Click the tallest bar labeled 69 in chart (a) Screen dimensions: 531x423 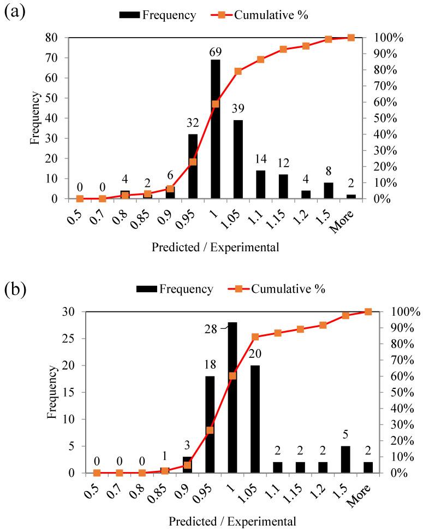click(x=216, y=129)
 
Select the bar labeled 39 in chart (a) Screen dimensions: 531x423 click(x=238, y=159)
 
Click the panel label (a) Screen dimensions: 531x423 click(x=13, y=11)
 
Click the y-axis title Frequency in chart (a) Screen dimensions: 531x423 click(x=34, y=118)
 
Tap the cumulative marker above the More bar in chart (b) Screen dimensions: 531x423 click(x=368, y=312)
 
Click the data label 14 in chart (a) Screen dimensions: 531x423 click(x=260, y=160)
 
